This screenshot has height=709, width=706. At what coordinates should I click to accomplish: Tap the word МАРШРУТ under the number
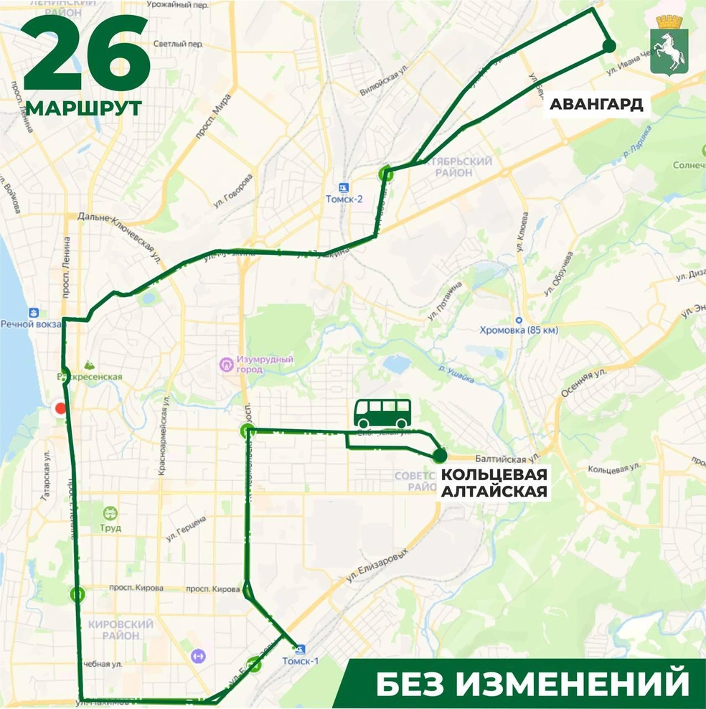tap(84, 108)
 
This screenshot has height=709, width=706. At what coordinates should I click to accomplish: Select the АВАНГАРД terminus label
tap(596, 105)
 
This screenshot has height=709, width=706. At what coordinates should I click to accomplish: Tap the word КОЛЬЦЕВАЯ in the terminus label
tap(494, 475)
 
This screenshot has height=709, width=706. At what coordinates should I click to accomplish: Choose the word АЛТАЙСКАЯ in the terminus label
tap(494, 492)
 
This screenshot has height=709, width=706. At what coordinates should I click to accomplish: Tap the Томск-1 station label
tap(301, 661)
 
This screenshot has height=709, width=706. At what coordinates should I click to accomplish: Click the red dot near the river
tap(61, 408)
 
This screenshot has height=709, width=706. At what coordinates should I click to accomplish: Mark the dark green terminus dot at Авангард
tap(609, 46)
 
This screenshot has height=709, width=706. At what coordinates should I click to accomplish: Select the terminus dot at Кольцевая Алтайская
tap(440, 455)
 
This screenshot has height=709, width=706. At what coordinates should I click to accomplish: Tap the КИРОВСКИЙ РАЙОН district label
tap(121, 629)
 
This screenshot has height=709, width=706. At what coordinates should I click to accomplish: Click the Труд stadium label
tap(110, 527)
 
